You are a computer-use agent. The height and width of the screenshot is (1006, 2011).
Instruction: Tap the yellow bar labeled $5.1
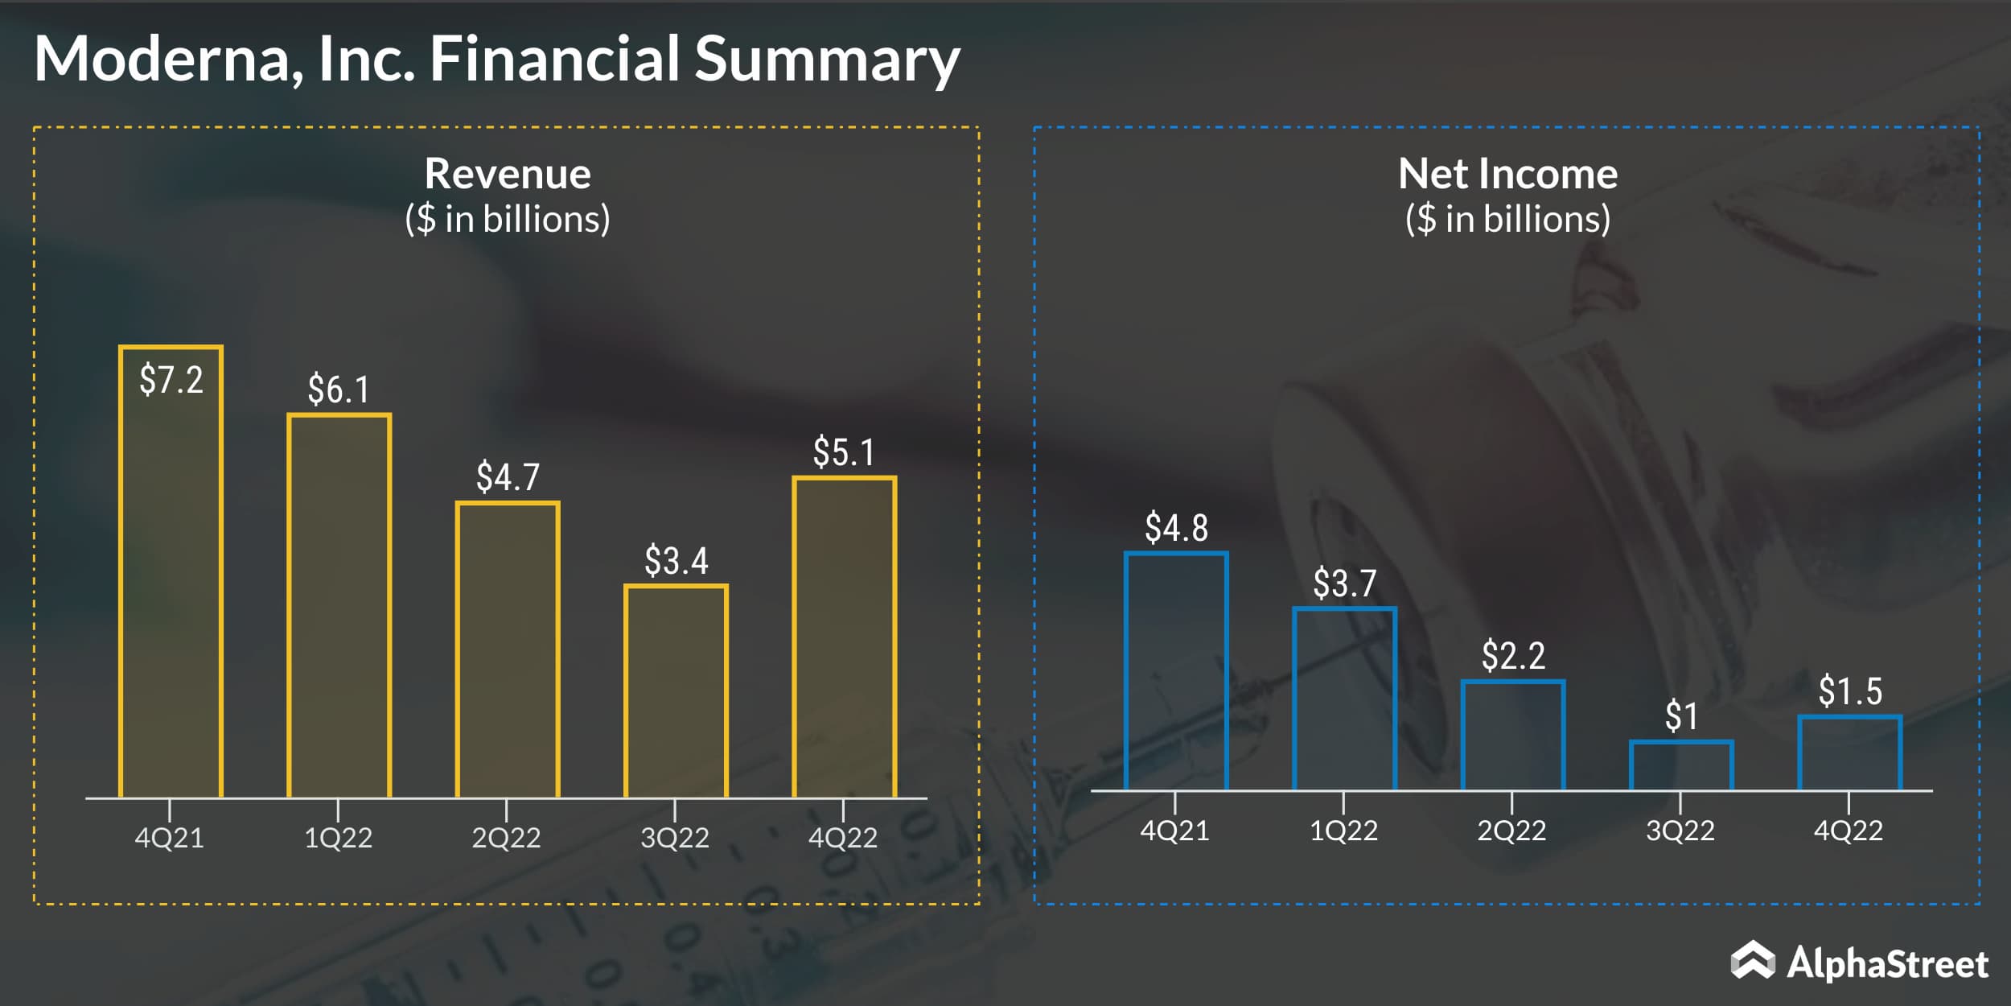tap(844, 637)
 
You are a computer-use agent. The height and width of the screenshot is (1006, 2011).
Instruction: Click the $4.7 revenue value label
tap(508, 477)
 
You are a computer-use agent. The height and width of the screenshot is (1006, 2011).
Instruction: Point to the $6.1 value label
tap(339, 390)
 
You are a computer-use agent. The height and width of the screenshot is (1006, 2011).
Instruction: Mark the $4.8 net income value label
tap(1176, 528)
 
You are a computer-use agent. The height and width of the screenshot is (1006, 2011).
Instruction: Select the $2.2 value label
tap(1513, 656)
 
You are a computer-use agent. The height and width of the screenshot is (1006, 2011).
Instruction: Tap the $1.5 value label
tap(1850, 691)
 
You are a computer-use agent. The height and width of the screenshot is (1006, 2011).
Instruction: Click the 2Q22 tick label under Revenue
tap(506, 838)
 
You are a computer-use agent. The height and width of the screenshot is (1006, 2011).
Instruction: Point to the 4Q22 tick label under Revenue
tap(843, 838)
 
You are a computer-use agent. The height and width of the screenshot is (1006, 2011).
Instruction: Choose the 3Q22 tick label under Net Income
tap(1680, 830)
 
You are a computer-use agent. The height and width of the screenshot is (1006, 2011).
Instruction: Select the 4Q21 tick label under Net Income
tap(1174, 830)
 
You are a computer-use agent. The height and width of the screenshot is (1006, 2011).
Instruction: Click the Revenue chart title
tap(508, 174)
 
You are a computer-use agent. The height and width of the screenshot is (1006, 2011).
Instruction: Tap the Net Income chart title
tap(1507, 174)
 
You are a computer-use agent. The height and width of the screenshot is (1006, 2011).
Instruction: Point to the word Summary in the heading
tap(827, 59)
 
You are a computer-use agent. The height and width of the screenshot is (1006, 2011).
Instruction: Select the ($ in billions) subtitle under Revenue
tap(508, 219)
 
